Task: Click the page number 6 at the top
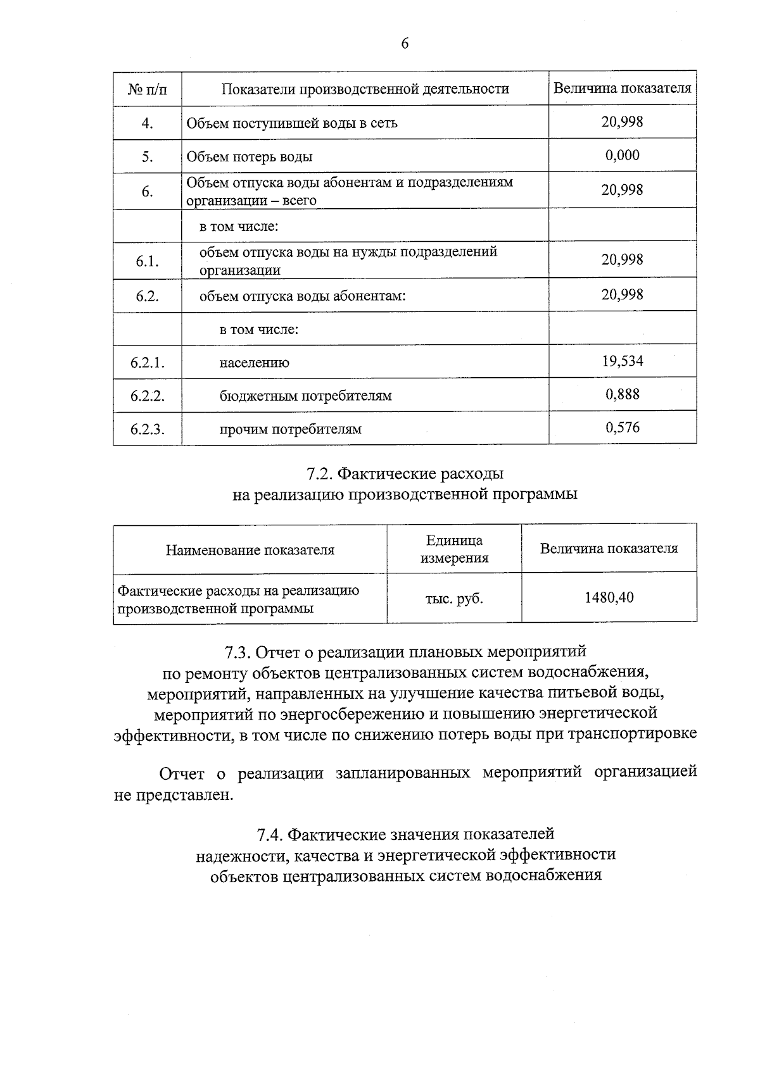405,44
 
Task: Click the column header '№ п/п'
148,89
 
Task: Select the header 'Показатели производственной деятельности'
365,89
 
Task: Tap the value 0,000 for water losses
622,155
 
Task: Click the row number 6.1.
147,261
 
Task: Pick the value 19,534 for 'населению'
622,361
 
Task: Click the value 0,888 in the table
622,395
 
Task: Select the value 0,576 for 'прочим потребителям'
622,428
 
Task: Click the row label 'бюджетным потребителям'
305,396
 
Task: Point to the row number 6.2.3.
147,429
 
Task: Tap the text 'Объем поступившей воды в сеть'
292,123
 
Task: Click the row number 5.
147,156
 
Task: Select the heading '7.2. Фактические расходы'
405,473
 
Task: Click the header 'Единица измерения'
454,549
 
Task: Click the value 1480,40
609,597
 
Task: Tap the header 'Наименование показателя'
250,550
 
